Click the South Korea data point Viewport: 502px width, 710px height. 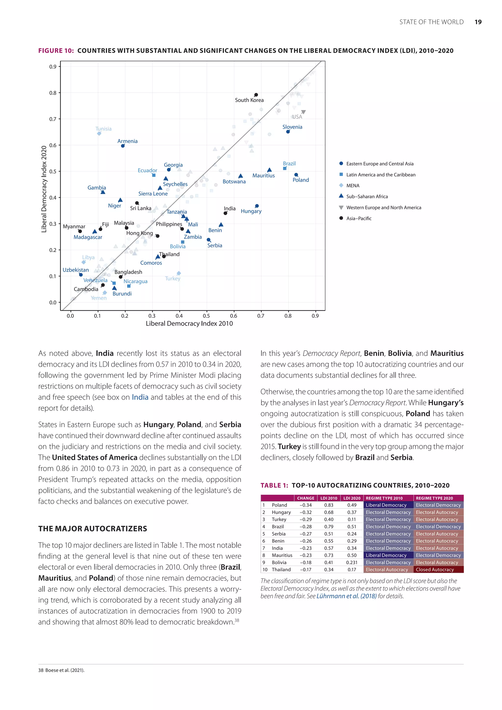click(256, 95)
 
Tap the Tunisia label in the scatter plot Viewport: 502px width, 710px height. click(103, 129)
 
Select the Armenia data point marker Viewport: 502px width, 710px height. click(123, 146)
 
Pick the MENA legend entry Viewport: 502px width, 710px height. click(353, 186)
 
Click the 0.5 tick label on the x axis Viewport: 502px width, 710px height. click(206, 316)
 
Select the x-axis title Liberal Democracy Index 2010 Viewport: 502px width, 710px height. click(189, 323)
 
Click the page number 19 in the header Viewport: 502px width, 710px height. click(478, 22)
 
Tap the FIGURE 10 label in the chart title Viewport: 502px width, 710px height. click(56, 51)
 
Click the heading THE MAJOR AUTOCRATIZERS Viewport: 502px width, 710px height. click(92, 529)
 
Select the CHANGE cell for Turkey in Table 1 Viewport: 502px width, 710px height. click(305, 519)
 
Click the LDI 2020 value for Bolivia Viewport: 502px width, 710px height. click(352, 562)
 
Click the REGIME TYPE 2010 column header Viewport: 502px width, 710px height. click(384, 498)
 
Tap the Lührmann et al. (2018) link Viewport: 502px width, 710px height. click(346, 596)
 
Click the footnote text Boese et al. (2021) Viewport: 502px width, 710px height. click(65, 670)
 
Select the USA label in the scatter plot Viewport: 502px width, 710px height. click(297, 117)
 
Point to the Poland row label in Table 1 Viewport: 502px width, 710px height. click(279, 505)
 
